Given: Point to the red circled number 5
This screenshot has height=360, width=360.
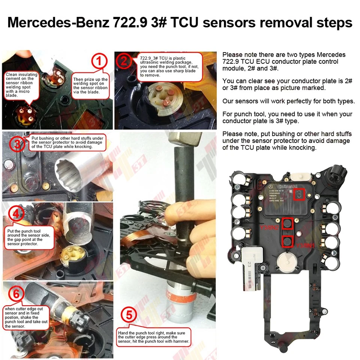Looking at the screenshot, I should coord(129,315).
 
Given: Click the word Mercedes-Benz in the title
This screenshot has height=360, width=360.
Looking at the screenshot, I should coord(58,22).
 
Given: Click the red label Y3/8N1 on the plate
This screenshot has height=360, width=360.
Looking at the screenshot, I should coord(305,246).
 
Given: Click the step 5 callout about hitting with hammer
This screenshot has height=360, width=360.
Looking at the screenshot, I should coord(154,337).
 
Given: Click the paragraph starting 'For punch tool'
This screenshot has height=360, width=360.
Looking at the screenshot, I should coord(287,117).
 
